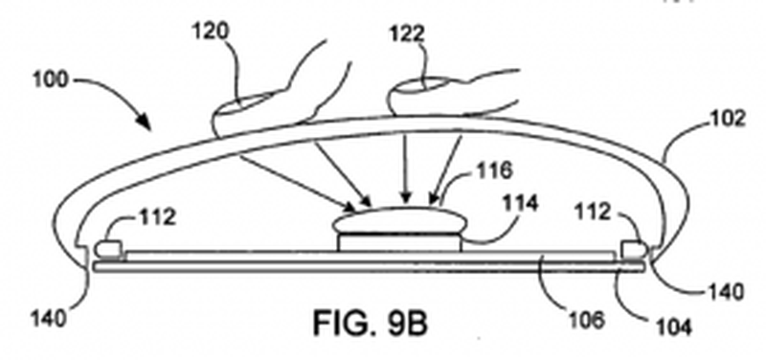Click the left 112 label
[155, 216]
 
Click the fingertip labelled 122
[412, 96]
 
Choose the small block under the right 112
[634, 250]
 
